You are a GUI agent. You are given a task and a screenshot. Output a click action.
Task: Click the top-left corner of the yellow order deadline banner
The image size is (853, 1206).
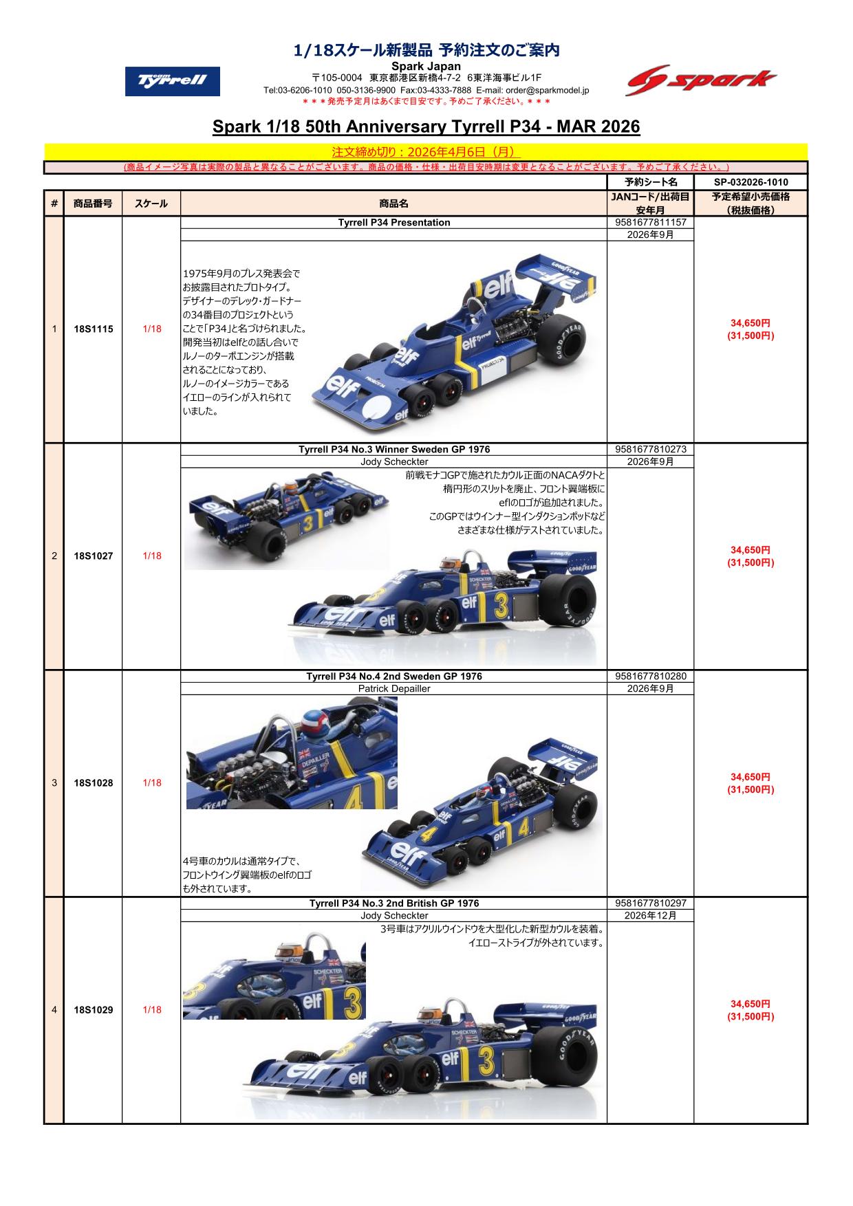coord(45,144)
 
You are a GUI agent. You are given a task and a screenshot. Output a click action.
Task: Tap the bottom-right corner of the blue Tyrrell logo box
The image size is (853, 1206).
coord(220,96)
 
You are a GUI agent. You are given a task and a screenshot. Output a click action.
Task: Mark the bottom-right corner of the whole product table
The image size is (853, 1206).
coord(808,1123)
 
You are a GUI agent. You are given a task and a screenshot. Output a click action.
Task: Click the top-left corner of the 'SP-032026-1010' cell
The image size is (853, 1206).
coord(694,175)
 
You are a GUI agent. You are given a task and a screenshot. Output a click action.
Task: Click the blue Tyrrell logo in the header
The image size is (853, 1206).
coord(173,81)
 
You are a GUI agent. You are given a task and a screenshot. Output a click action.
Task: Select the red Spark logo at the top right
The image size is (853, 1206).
coord(702,81)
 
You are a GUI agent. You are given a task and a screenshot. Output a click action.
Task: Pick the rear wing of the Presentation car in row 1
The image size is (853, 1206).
coord(557,278)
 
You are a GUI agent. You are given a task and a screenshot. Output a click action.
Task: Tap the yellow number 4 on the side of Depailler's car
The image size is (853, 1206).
coord(523,827)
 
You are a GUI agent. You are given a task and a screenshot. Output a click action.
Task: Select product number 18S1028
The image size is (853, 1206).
coord(93,783)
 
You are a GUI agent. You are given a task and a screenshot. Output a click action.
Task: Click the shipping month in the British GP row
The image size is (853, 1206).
coord(650,915)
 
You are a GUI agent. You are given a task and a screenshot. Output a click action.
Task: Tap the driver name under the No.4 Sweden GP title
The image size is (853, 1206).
coord(394,688)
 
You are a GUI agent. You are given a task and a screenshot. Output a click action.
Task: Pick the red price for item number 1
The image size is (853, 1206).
coord(751,329)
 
